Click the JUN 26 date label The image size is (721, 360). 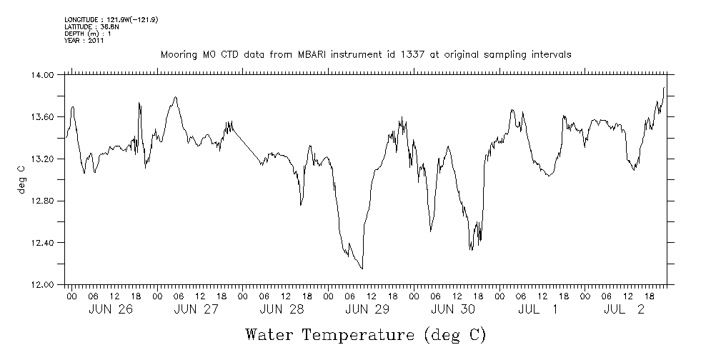111,309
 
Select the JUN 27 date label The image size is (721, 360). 197,309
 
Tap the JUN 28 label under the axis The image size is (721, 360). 282,309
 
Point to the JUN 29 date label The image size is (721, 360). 367,309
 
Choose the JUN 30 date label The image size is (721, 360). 453,309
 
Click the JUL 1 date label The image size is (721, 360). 539,309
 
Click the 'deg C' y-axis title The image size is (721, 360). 21,179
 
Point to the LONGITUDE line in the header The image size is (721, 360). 111,19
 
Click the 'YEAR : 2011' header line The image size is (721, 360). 84,41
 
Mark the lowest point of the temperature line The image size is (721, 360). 362,269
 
